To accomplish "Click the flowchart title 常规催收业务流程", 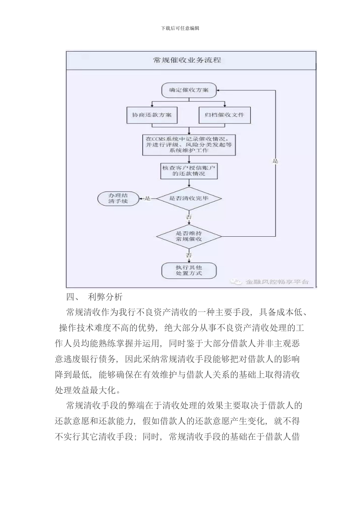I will point(187,60).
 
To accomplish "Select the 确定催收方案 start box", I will point(189,91).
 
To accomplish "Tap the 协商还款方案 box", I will point(152,115).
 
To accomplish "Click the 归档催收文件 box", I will point(225,115).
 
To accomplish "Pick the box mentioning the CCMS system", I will point(189,145).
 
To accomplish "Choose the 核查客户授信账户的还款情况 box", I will point(189,170).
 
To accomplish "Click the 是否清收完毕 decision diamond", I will point(189,198).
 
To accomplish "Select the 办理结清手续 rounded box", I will point(118,198).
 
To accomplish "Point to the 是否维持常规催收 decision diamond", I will point(189,236).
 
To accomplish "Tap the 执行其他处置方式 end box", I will point(189,270).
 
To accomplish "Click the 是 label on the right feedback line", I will point(275,161).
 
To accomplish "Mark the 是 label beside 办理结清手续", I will point(148,198).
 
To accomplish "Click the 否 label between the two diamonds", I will point(189,217).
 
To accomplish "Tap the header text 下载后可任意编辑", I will point(180,28).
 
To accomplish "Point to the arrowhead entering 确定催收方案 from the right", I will point(220,91).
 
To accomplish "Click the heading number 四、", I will point(72,297).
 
